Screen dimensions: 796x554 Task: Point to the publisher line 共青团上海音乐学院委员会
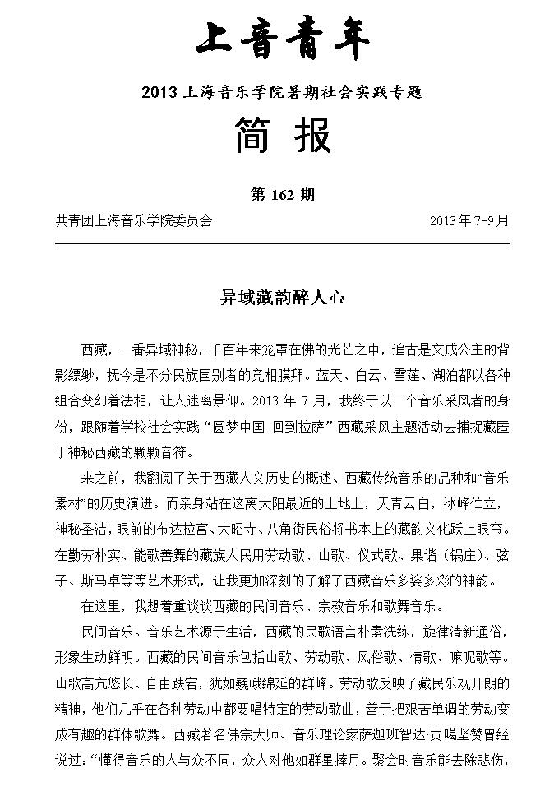134,221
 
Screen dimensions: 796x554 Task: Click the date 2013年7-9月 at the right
469,221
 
